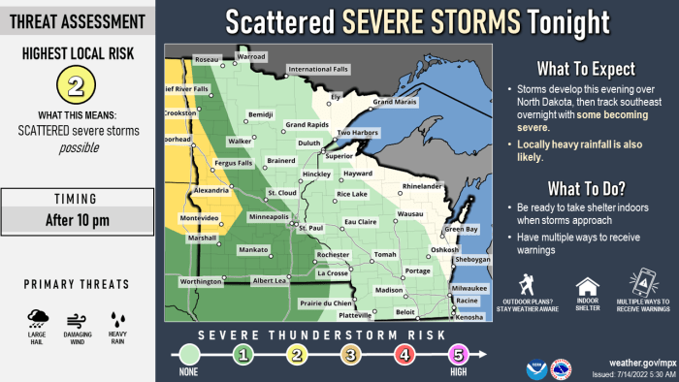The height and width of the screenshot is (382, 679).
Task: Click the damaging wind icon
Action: point(79,319)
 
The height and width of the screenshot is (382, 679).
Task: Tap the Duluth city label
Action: point(308,143)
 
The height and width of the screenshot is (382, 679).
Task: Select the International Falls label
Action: point(323,69)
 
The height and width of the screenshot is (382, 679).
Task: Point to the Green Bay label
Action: point(462,229)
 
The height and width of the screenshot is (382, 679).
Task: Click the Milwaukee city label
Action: point(469,288)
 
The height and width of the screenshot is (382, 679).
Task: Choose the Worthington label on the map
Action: point(201,281)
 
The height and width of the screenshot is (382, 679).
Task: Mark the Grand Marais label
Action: point(396,102)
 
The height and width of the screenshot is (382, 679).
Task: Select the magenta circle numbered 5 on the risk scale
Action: point(458,355)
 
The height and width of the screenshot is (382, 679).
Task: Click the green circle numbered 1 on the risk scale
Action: point(244,355)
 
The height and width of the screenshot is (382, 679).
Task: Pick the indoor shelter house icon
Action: point(587,286)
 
